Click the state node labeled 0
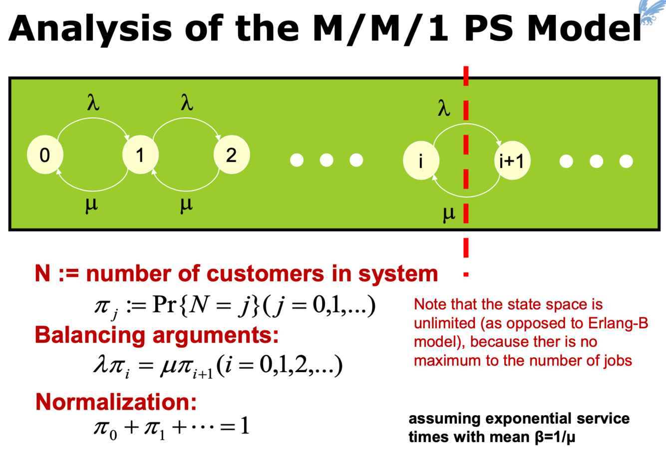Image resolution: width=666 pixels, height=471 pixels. tap(45, 155)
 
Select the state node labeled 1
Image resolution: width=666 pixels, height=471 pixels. tap(140, 155)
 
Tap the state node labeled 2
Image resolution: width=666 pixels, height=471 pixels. tap(231, 155)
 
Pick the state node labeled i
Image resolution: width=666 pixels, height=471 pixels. tap(421, 161)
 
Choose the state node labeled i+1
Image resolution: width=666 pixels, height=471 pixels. tap(512, 161)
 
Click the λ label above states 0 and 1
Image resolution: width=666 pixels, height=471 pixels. tap(93, 103)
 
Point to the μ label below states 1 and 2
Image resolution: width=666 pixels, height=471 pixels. tap(186, 204)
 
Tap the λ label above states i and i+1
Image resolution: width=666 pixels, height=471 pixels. tap(443, 108)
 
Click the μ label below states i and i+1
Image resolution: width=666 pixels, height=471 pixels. tap(449, 214)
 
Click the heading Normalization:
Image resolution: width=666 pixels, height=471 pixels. tap(116, 402)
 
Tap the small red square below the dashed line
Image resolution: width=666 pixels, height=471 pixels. tap(466, 274)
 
